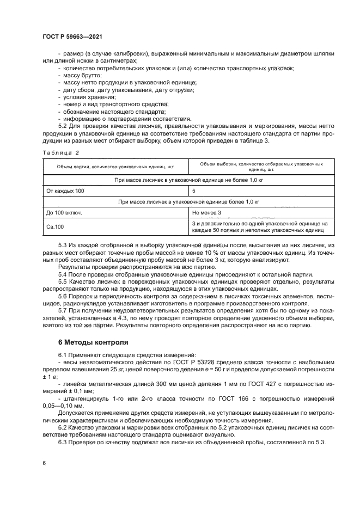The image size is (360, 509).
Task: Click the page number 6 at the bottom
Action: pyautogui.click(x=44, y=462)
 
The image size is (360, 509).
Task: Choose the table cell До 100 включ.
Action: pyautogui.click(x=64, y=212)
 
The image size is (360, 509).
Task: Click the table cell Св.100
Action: pyautogui.click(x=56, y=226)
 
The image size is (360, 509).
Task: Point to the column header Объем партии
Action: pyautogui.click(x=115, y=167)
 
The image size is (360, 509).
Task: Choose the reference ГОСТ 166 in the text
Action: pyautogui.click(x=208, y=398)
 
